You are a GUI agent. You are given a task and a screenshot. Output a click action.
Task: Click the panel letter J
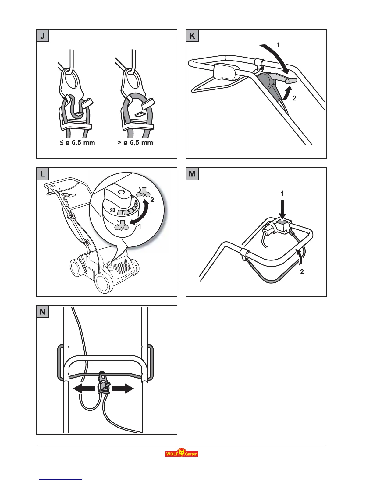click(42, 36)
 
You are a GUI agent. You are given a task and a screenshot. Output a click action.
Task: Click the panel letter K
click(192, 36)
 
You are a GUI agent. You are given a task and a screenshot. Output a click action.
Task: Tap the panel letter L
click(42, 174)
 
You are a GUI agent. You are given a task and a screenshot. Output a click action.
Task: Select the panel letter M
click(192, 174)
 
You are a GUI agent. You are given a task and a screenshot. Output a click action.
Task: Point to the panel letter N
click(42, 312)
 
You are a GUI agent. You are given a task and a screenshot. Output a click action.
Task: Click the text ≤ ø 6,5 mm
click(77, 142)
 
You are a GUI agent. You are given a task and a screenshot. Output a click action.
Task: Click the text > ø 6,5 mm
click(135, 142)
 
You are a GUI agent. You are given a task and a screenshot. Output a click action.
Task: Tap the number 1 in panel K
click(278, 45)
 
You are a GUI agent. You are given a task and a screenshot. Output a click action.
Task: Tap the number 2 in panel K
click(294, 98)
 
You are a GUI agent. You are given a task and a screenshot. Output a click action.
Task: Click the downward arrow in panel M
click(282, 208)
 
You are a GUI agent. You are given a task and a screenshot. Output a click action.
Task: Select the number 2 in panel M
click(302, 272)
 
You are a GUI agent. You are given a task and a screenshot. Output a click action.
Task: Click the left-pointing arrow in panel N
click(84, 389)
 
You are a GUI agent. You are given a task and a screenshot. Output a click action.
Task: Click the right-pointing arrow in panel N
click(123, 389)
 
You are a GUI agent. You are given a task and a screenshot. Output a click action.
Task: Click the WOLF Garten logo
click(182, 453)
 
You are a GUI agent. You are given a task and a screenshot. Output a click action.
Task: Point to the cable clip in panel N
click(103, 384)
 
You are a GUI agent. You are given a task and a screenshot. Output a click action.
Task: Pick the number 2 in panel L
click(152, 200)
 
